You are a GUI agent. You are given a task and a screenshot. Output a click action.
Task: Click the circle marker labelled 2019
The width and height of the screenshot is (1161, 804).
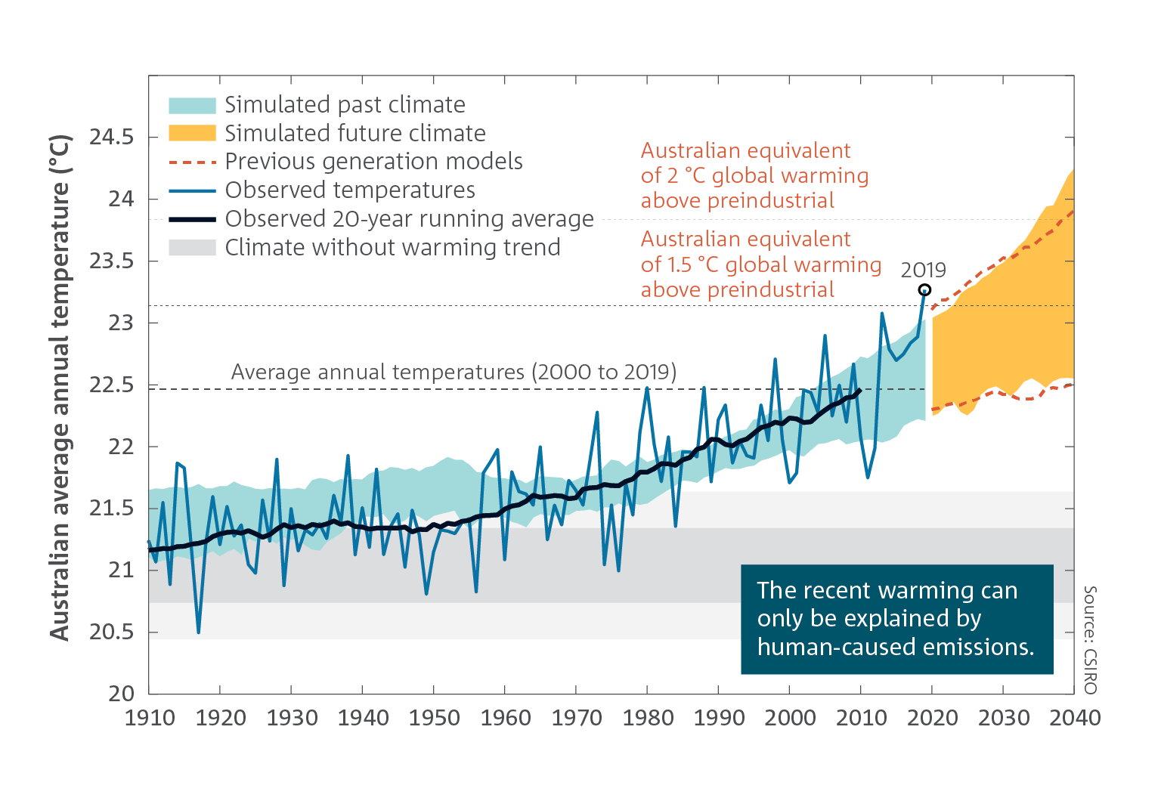click(x=924, y=290)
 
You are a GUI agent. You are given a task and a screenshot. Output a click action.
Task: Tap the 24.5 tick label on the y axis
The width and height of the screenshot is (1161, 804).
click(x=111, y=138)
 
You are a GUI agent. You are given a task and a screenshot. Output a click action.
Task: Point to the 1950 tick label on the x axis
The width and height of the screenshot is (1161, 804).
click(x=434, y=718)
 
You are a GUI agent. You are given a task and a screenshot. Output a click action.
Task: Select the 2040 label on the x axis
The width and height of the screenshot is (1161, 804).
click(x=1074, y=718)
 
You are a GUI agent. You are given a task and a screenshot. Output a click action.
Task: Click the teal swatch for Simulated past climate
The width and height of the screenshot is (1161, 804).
click(x=192, y=105)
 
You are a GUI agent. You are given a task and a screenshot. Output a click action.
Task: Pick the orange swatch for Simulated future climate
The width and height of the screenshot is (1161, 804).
click(x=192, y=133)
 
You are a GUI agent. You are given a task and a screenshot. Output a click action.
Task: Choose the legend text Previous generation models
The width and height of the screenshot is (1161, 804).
click(x=373, y=162)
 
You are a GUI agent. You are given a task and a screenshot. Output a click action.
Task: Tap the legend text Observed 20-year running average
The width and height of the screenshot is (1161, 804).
click(x=409, y=219)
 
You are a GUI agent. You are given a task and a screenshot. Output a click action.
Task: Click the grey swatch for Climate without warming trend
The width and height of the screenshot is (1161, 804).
click(x=192, y=248)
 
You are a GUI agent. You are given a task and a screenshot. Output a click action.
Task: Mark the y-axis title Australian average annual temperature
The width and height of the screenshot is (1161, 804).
click(x=60, y=388)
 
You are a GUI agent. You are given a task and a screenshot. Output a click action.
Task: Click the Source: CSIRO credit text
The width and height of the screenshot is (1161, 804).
click(x=1090, y=639)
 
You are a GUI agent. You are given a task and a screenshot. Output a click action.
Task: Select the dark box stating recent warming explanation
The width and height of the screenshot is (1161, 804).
click(x=896, y=619)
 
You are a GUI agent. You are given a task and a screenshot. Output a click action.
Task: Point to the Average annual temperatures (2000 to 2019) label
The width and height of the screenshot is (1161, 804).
click(x=454, y=373)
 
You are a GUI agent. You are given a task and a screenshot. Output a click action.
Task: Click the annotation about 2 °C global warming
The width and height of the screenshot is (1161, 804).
click(x=754, y=175)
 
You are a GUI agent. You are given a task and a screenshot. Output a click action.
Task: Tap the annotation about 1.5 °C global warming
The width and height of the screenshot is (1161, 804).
click(x=760, y=264)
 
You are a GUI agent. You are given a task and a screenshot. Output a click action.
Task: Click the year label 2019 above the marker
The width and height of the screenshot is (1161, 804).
click(x=923, y=271)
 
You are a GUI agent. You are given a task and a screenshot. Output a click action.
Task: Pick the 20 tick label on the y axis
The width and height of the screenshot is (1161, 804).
click(x=121, y=694)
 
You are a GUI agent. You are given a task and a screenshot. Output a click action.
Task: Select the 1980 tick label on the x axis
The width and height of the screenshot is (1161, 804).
click(x=648, y=718)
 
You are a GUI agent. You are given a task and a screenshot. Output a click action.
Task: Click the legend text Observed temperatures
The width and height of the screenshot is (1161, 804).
click(x=350, y=190)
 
